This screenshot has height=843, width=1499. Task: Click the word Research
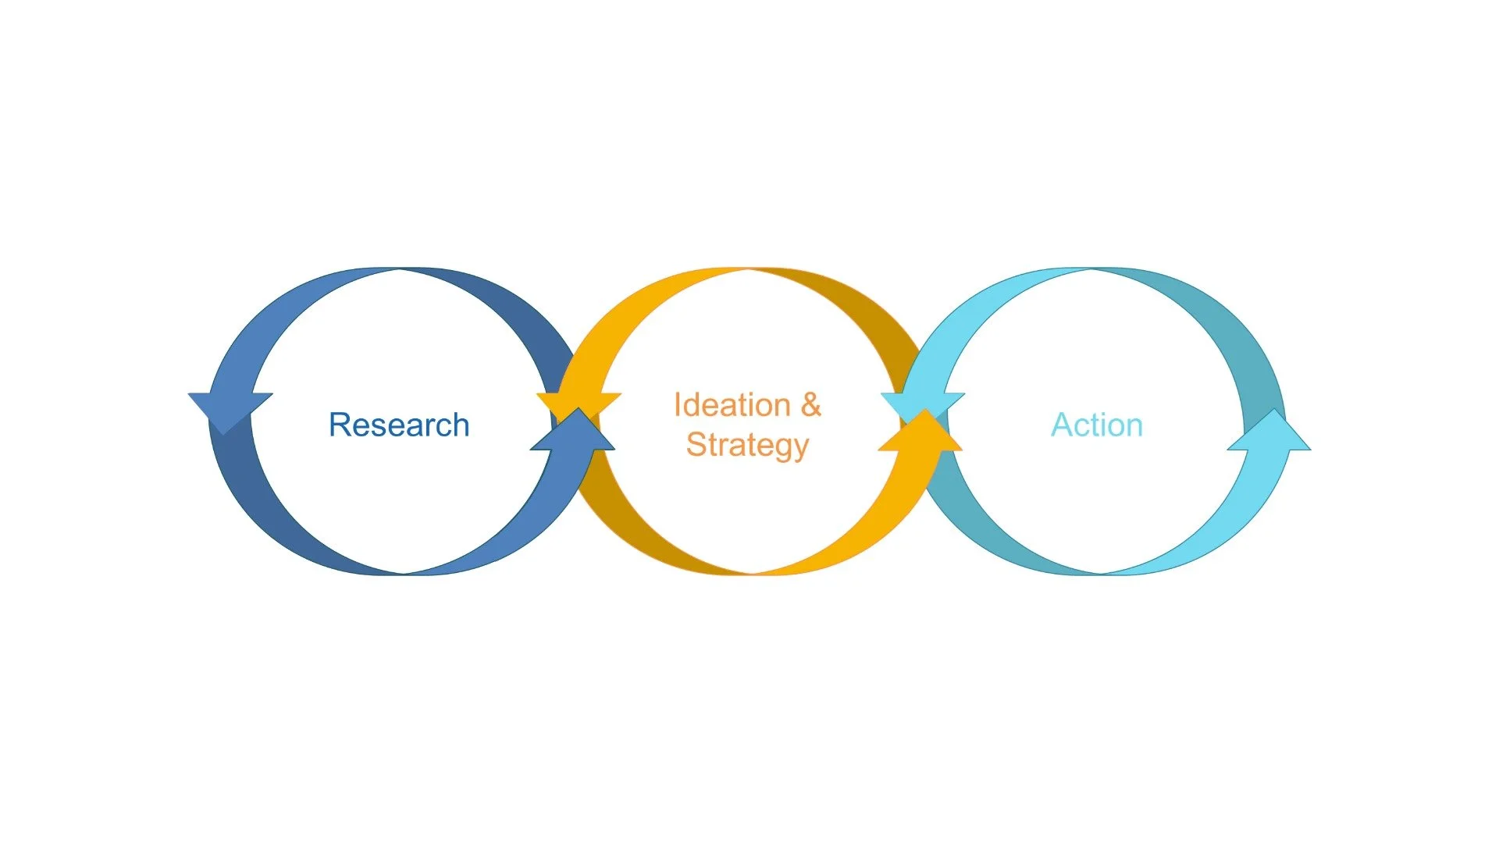399,425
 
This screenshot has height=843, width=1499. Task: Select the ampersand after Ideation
811,405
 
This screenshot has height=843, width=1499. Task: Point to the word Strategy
747,445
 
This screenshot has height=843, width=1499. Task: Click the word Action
1097,425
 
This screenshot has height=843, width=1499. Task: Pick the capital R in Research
339,425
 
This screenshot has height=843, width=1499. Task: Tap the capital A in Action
1061,425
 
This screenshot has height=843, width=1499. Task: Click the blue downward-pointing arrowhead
229,410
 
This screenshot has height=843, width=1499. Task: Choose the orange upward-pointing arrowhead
921,434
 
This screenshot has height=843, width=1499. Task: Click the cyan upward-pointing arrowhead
1269,434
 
